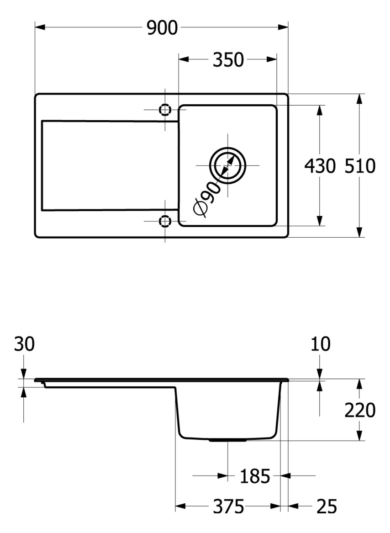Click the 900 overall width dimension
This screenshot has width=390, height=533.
pyautogui.click(x=162, y=28)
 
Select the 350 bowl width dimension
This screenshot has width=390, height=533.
pyautogui.click(x=228, y=60)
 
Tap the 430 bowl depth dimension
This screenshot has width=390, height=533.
pyautogui.click(x=320, y=166)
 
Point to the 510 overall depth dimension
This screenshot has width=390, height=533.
pyautogui.click(x=360, y=166)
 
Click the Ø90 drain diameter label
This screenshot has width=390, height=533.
pyautogui.click(x=206, y=198)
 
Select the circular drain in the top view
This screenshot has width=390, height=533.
pyautogui.click(x=227, y=165)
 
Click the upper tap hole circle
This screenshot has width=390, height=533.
pyautogui.click(x=165, y=110)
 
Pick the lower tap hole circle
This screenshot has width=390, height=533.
pyautogui.click(x=165, y=221)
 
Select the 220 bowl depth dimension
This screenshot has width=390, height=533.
pyautogui.click(x=360, y=410)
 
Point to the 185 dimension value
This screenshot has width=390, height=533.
pyautogui.click(x=255, y=476)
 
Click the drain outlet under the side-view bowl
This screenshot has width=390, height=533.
pyautogui.click(x=227, y=440)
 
